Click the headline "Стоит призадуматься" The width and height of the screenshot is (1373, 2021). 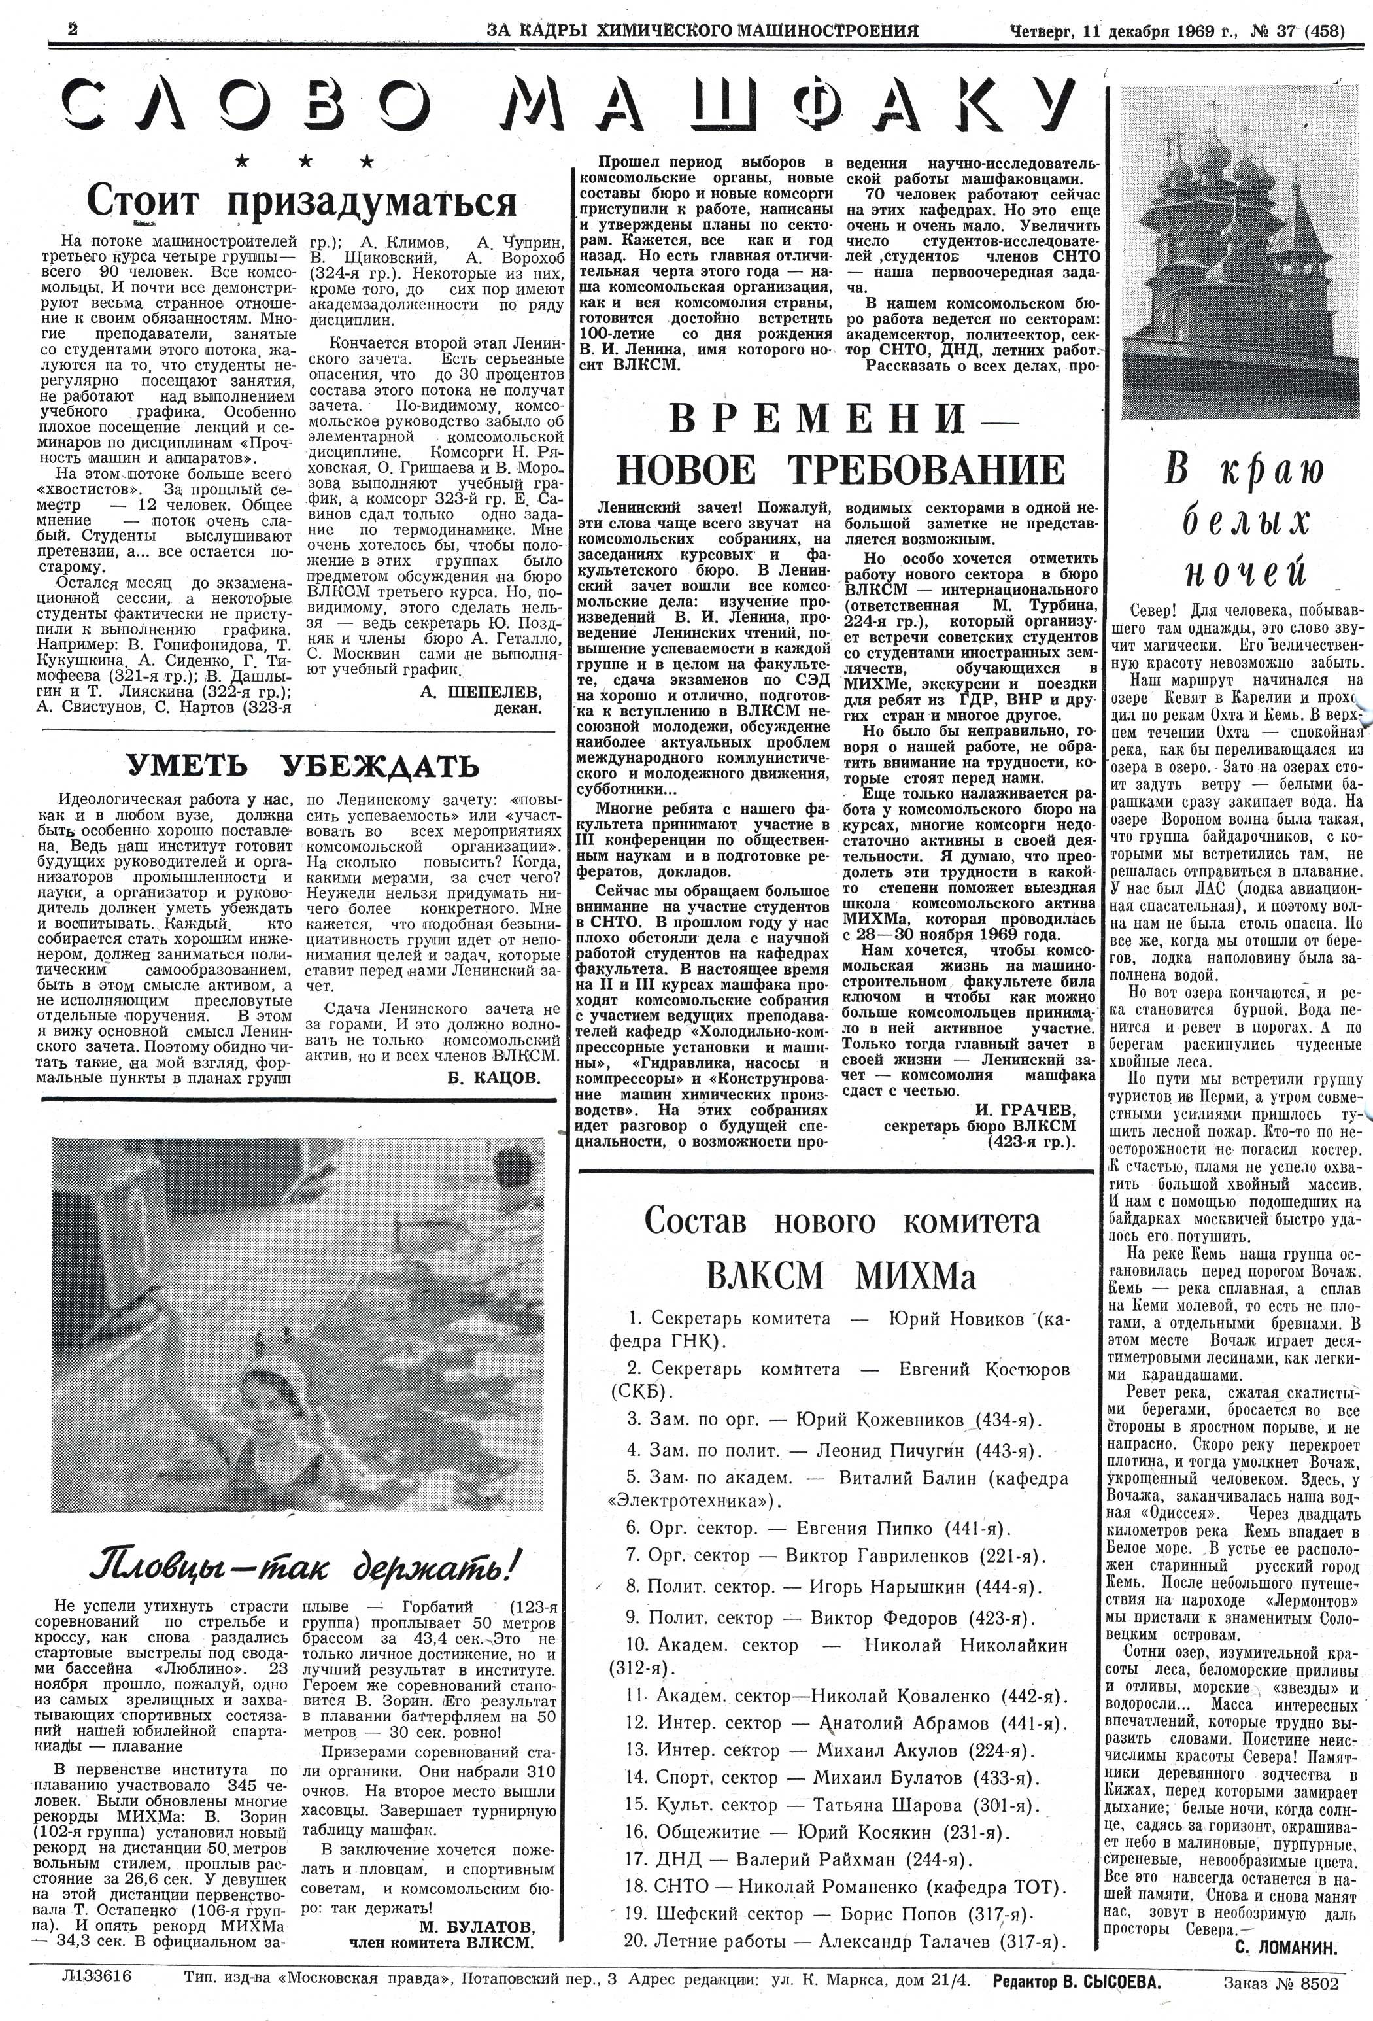(x=301, y=201)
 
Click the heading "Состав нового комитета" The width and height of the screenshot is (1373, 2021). (x=841, y=1221)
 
